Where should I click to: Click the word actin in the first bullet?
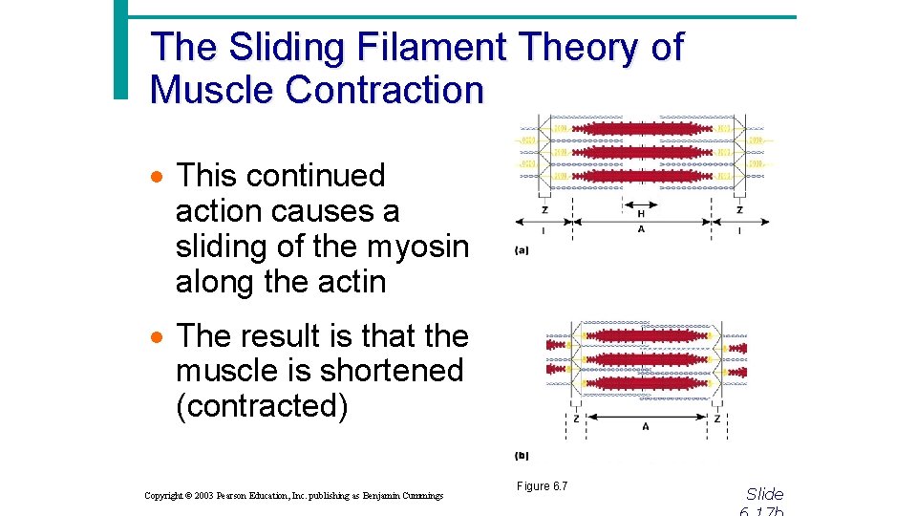click(x=351, y=282)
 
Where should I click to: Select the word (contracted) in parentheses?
click(x=262, y=406)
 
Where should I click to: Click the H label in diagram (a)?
click(x=640, y=214)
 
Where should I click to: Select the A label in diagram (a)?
click(x=640, y=229)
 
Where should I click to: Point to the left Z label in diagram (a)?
click(x=544, y=210)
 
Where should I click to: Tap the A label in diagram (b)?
click(x=646, y=426)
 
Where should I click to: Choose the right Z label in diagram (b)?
click(x=716, y=419)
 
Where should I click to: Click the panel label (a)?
click(x=522, y=250)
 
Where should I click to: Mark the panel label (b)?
click(x=522, y=456)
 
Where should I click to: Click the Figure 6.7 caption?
click(x=542, y=486)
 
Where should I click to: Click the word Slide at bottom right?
click(x=764, y=494)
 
